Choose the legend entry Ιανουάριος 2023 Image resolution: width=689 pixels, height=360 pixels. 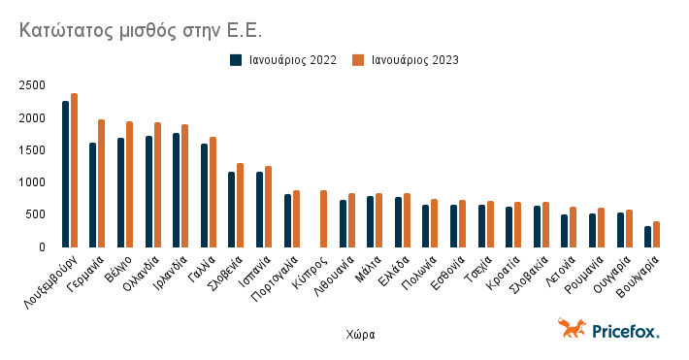tap(414, 60)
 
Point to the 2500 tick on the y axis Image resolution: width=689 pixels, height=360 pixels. tap(32, 85)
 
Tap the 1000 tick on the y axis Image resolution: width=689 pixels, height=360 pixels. tap(32, 182)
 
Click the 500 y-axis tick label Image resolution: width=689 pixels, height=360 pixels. tap(35, 214)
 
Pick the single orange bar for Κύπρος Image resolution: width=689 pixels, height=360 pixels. tap(324, 218)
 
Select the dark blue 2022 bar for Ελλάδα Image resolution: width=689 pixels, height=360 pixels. tap(398, 221)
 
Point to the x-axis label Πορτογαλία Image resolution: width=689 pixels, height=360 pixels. tap(274, 280)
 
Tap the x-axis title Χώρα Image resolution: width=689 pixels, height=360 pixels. tap(360, 334)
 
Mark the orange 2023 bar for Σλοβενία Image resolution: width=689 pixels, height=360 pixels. tap(241, 205)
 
